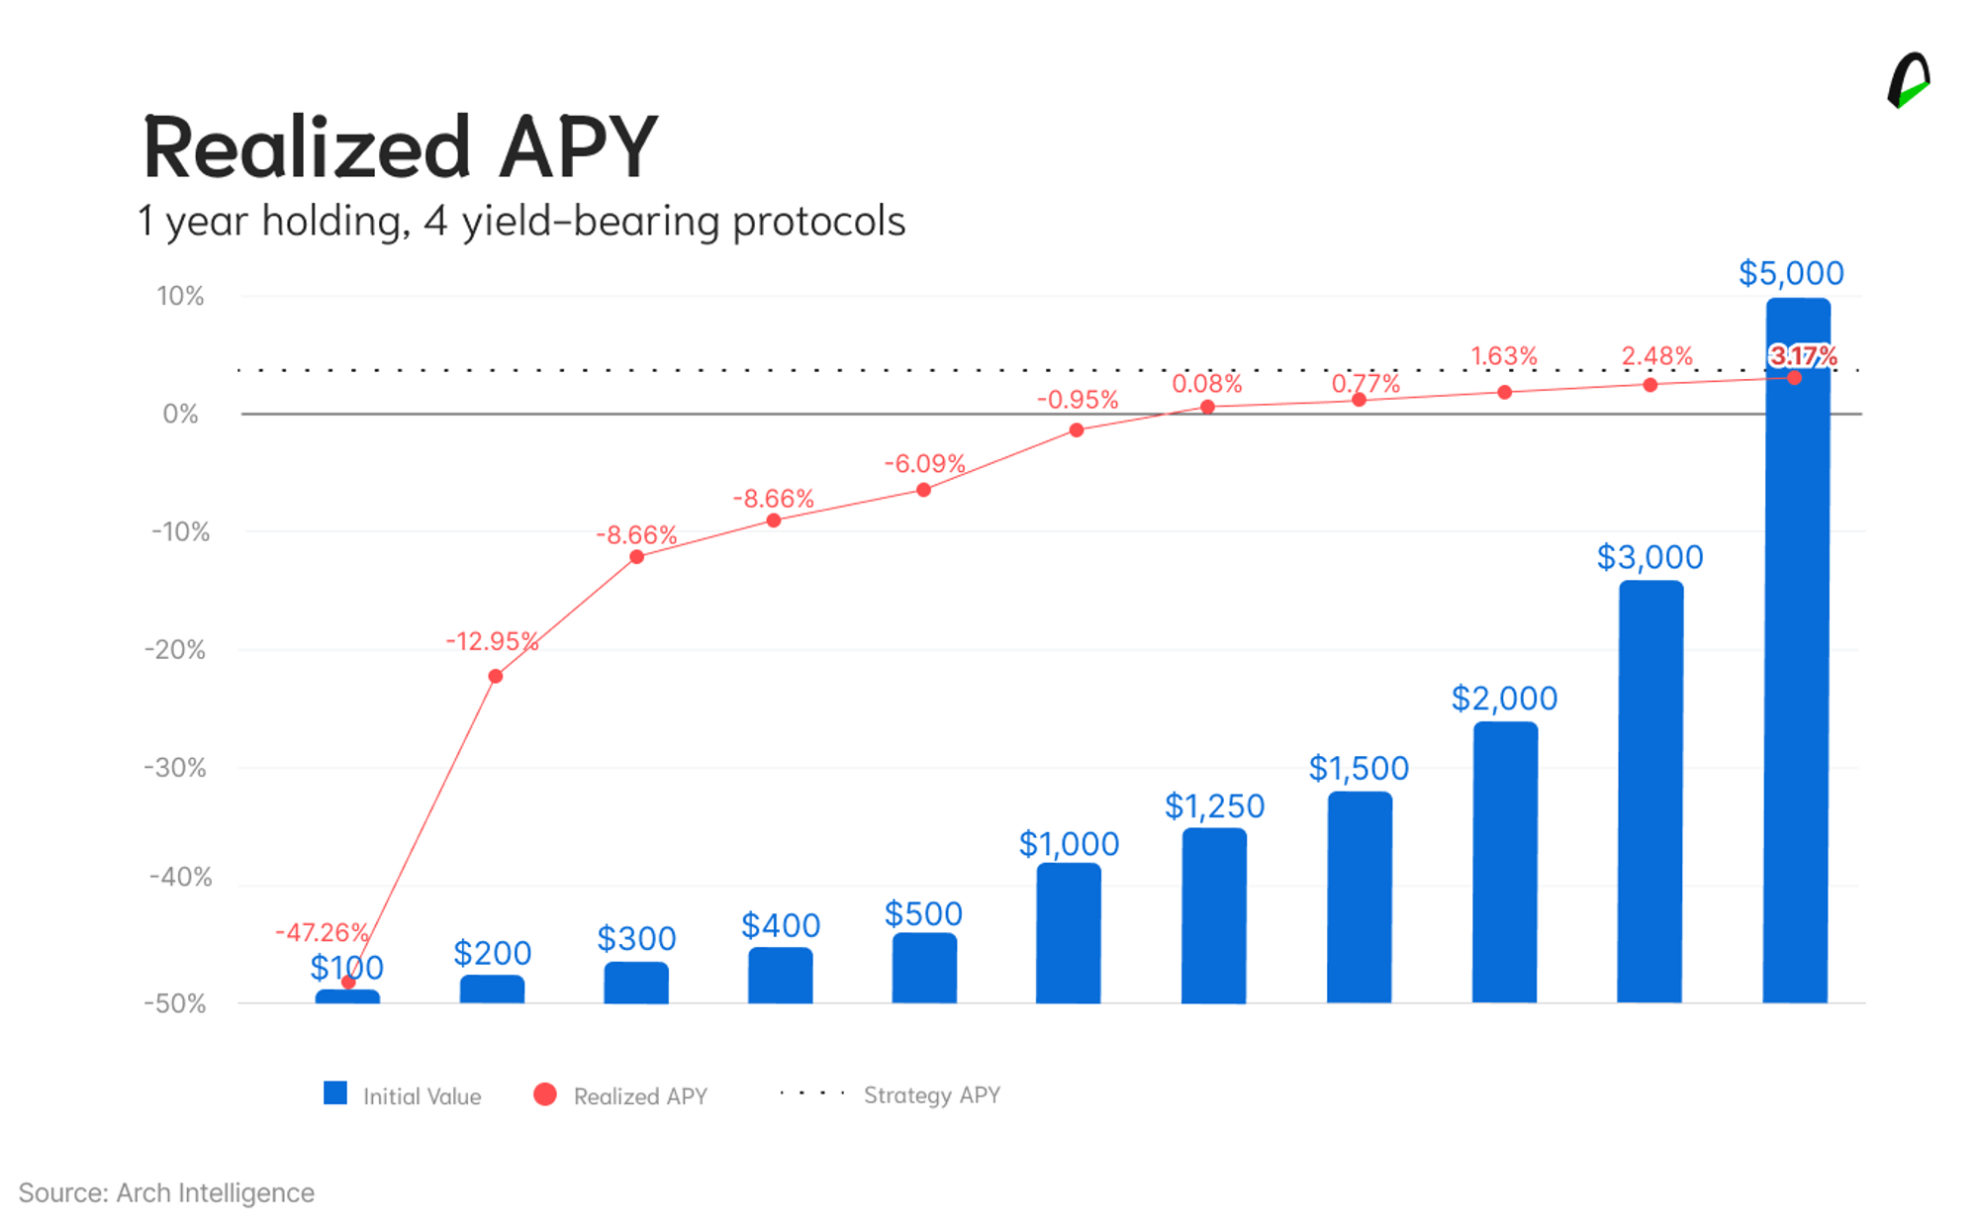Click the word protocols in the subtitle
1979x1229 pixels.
(x=818, y=222)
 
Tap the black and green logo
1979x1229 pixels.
(x=1909, y=80)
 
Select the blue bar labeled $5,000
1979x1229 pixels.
(x=1797, y=650)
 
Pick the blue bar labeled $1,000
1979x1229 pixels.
(x=1069, y=933)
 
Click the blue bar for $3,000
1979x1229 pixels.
(x=1650, y=792)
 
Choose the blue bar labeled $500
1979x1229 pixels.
(x=924, y=968)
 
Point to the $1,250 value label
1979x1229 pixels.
(x=1214, y=806)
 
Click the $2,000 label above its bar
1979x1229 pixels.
(x=1504, y=699)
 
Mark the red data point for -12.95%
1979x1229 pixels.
(x=496, y=677)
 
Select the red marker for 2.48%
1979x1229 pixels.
(x=1650, y=385)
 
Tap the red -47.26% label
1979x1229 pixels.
(x=322, y=932)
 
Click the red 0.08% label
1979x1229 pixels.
(x=1207, y=383)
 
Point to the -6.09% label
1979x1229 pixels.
(x=924, y=463)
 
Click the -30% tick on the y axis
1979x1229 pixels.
(x=175, y=768)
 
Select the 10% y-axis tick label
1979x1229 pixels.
(x=180, y=296)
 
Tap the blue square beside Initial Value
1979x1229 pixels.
(x=335, y=1093)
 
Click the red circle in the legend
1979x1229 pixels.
(x=545, y=1094)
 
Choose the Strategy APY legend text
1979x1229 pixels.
(x=932, y=1095)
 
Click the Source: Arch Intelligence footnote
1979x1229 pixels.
(x=166, y=1192)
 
